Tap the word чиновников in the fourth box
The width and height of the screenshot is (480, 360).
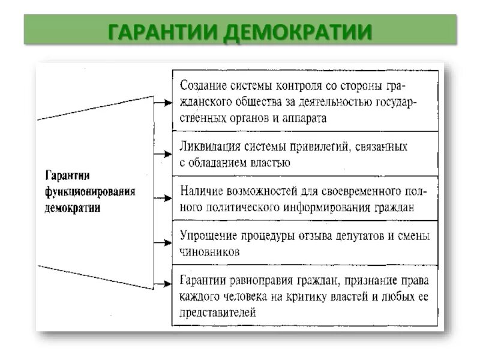point(209,252)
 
